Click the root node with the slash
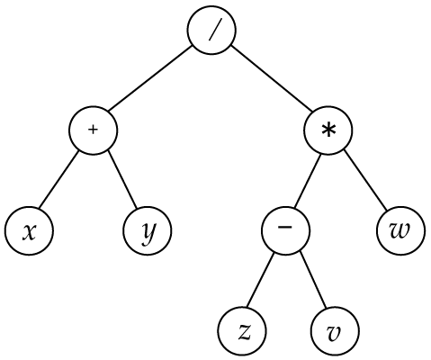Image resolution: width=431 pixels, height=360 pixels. (x=211, y=31)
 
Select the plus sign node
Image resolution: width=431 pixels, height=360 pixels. (x=94, y=130)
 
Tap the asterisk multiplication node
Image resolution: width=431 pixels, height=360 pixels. (x=328, y=130)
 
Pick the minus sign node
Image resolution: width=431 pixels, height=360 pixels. (x=285, y=230)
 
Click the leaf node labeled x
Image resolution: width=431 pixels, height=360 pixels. (x=29, y=230)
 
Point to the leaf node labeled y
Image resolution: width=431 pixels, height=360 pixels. (x=148, y=230)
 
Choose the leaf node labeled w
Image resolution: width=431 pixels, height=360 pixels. (x=400, y=230)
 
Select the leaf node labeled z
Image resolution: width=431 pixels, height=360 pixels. (x=242, y=331)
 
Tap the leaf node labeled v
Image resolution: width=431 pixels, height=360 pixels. (x=335, y=331)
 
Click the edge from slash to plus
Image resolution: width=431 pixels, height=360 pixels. (x=150, y=79)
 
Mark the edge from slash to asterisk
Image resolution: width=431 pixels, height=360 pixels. (x=272, y=79)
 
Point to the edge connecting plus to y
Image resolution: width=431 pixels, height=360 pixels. (x=122, y=179)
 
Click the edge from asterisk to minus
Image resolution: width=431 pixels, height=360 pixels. (x=307, y=181)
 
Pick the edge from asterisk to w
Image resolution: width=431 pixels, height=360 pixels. (x=365, y=179)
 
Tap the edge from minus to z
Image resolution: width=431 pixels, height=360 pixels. (x=261, y=280)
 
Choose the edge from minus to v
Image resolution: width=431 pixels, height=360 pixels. (x=313, y=280)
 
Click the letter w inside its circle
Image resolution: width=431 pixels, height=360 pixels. (x=400, y=231)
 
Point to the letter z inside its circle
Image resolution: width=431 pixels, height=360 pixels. (x=245, y=333)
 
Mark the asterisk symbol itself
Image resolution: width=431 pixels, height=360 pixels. (x=328, y=131)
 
